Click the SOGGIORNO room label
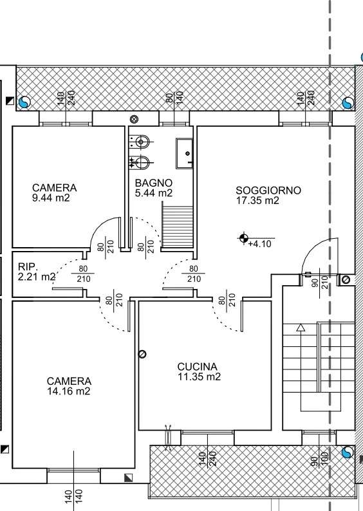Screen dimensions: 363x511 point(268,190)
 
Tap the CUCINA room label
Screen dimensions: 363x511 point(197,367)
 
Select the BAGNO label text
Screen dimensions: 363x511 point(154,183)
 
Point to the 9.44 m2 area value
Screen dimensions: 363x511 point(51,198)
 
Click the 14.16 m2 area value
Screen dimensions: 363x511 point(69,391)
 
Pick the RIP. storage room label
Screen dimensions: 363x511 point(28,266)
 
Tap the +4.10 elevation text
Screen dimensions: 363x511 point(260,244)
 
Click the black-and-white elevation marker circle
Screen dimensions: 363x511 point(244,238)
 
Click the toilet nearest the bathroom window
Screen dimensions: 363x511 point(140,142)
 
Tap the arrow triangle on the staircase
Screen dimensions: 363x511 point(301,328)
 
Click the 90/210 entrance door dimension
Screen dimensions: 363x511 point(320,283)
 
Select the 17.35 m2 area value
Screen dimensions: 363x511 point(257,200)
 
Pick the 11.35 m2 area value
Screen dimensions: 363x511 point(199,376)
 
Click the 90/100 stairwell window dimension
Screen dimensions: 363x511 point(319,460)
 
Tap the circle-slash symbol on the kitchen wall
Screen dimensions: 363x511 point(142,354)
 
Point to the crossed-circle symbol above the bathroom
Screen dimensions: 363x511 point(134,119)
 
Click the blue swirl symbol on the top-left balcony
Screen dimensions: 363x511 point(24,102)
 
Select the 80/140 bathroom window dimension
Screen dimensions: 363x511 point(174,97)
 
